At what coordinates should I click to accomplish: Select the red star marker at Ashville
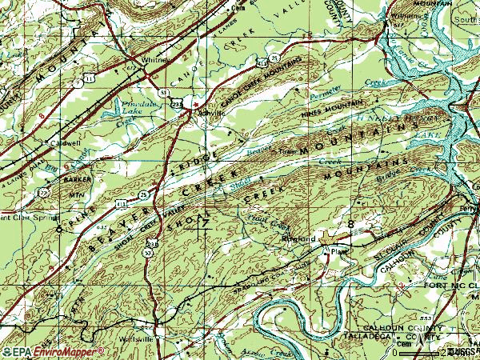[x=196, y=104]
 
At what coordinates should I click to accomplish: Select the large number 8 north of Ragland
[x=350, y=223]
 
